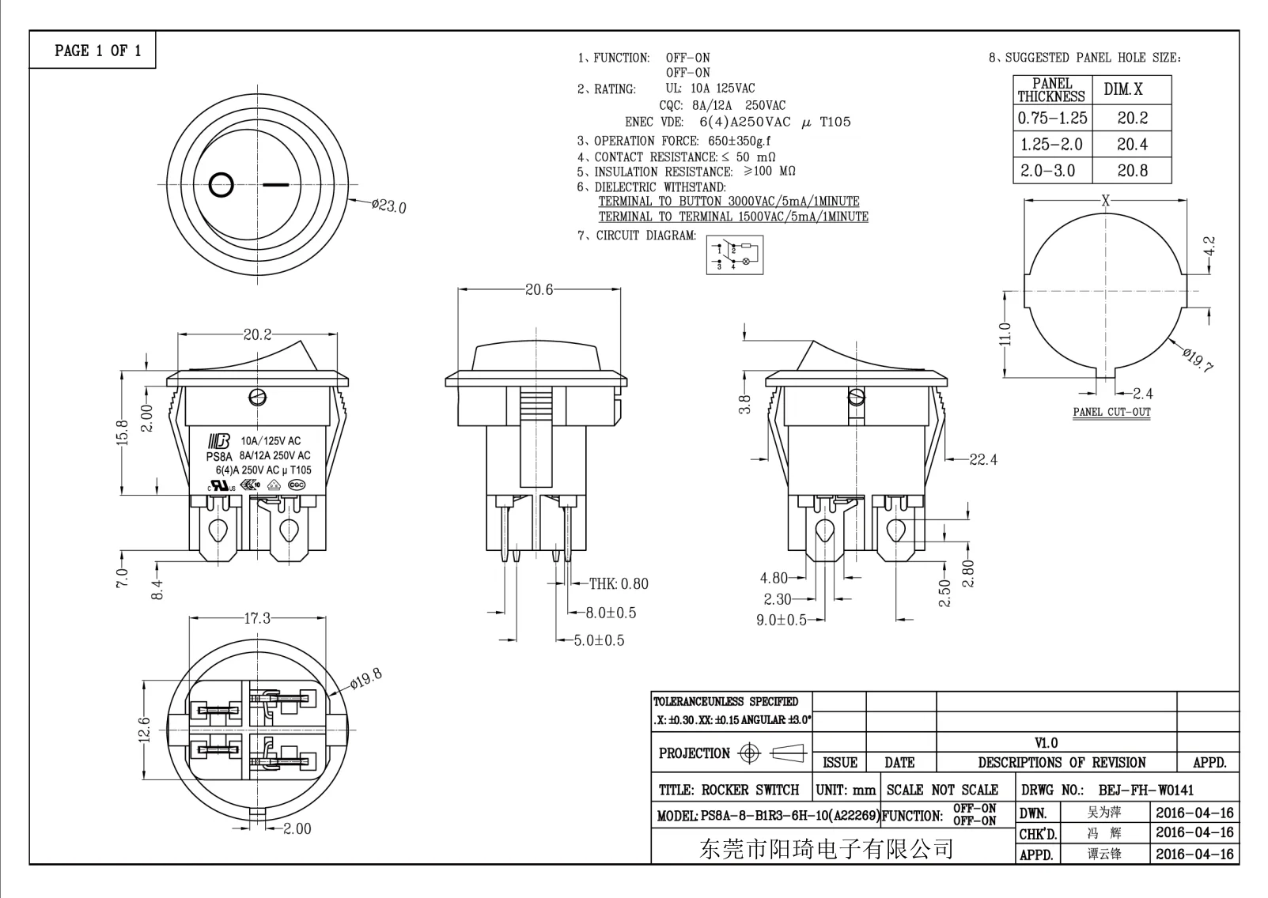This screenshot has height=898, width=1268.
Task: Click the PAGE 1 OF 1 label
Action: pyautogui.click(x=98, y=51)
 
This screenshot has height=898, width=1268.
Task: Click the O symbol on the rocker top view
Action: pyautogui.click(x=221, y=185)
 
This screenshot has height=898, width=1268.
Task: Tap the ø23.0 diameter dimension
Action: pyautogui.click(x=388, y=206)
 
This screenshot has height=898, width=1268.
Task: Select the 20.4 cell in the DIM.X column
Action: pyautogui.click(x=1132, y=145)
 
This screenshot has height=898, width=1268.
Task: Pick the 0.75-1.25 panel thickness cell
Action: pyautogui.click(x=1052, y=119)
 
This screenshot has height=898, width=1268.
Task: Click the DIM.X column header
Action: pyautogui.click(x=1123, y=89)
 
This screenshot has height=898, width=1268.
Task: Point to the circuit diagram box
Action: pyautogui.click(x=735, y=255)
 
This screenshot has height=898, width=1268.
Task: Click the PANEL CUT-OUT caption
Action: pyautogui.click(x=1111, y=412)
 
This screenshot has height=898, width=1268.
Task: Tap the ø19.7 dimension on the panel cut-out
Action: pyautogui.click(x=1198, y=358)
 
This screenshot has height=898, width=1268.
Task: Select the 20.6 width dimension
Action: pyautogui.click(x=539, y=290)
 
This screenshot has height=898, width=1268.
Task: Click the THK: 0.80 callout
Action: pyautogui.click(x=618, y=584)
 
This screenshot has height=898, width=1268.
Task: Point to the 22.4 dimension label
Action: pyautogui.click(x=983, y=459)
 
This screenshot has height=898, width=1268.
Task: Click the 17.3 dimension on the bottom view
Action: pyautogui.click(x=257, y=618)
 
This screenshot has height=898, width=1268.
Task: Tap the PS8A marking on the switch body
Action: pyautogui.click(x=218, y=456)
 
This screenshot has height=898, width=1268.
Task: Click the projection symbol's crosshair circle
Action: pyautogui.click(x=748, y=753)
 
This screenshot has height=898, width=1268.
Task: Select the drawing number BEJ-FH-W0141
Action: pyautogui.click(x=1146, y=790)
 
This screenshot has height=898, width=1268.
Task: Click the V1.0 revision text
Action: pyautogui.click(x=1046, y=743)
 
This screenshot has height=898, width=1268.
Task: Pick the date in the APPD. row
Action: pyautogui.click(x=1194, y=854)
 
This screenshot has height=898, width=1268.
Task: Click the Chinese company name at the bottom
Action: pyautogui.click(x=826, y=850)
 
